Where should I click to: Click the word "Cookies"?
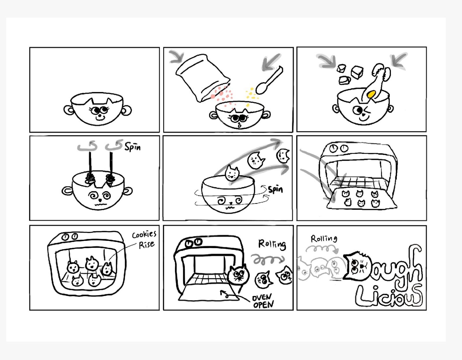(x=144, y=235)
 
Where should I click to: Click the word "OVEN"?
(x=262, y=297)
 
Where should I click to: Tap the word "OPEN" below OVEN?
(x=263, y=305)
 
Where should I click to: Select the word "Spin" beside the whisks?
(x=133, y=147)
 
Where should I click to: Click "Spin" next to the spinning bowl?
(x=275, y=190)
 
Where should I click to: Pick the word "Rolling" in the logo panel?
(x=324, y=239)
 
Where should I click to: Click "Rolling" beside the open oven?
(x=272, y=244)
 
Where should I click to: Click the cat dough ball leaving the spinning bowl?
(x=232, y=173)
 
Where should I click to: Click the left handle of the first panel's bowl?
(x=69, y=110)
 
